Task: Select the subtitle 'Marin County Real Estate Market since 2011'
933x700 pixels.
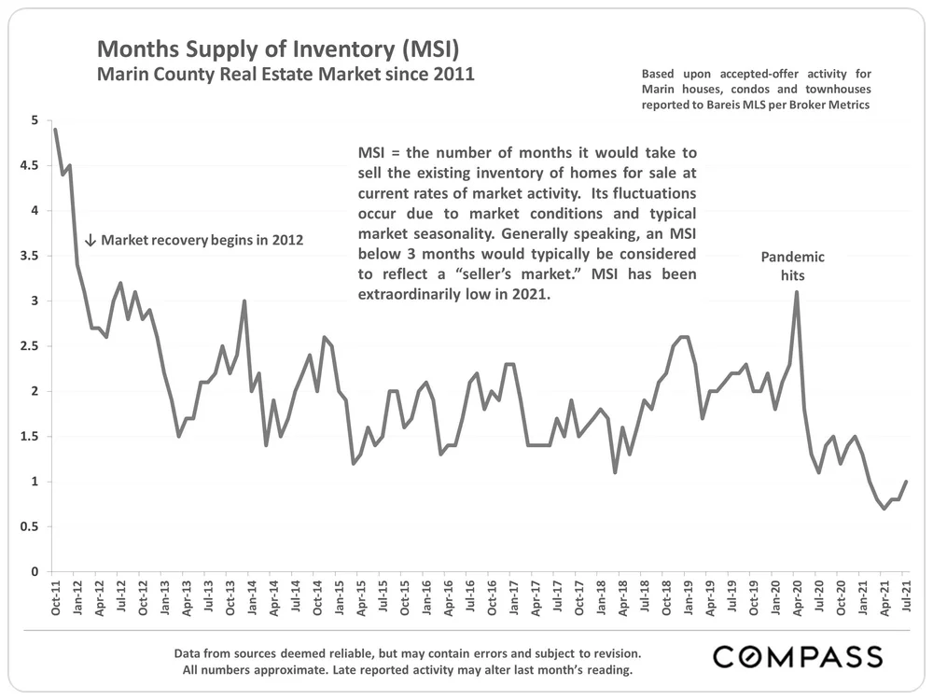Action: pyautogui.click(x=286, y=73)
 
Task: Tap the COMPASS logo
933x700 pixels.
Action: pyautogui.click(x=798, y=656)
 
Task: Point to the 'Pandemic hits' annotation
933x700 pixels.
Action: pyautogui.click(x=793, y=266)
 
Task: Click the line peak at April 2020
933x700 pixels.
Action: pyautogui.click(x=797, y=292)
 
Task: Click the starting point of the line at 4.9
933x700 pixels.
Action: pyautogui.click(x=55, y=130)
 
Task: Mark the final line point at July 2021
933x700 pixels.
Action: pyautogui.click(x=906, y=482)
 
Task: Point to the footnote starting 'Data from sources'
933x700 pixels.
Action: pyautogui.click(x=408, y=652)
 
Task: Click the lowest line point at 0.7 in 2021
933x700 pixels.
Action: pyautogui.click(x=884, y=509)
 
